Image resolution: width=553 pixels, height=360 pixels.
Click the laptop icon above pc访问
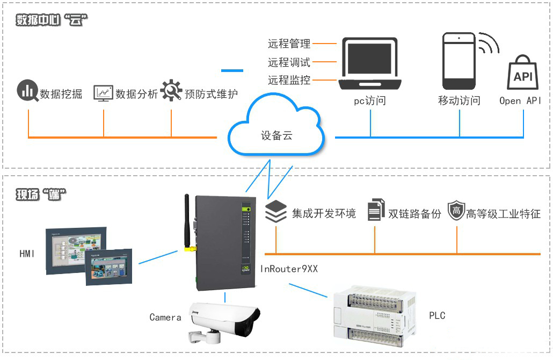[370, 64]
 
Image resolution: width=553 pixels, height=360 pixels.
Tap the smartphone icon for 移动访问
[459, 61]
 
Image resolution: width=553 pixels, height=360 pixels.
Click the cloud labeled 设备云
[277, 129]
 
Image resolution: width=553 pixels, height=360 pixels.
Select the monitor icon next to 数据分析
[103, 92]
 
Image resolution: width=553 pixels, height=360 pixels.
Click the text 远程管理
[289, 44]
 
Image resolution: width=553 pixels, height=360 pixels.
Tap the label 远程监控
[289, 80]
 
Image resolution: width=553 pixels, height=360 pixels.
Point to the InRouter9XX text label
[289, 269]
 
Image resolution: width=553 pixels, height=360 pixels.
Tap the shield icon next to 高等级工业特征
[456, 211]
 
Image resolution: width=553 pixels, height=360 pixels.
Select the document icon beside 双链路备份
[376, 210]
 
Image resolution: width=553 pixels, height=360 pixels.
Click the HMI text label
[27, 253]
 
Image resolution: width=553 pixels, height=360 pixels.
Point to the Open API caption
[520, 100]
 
